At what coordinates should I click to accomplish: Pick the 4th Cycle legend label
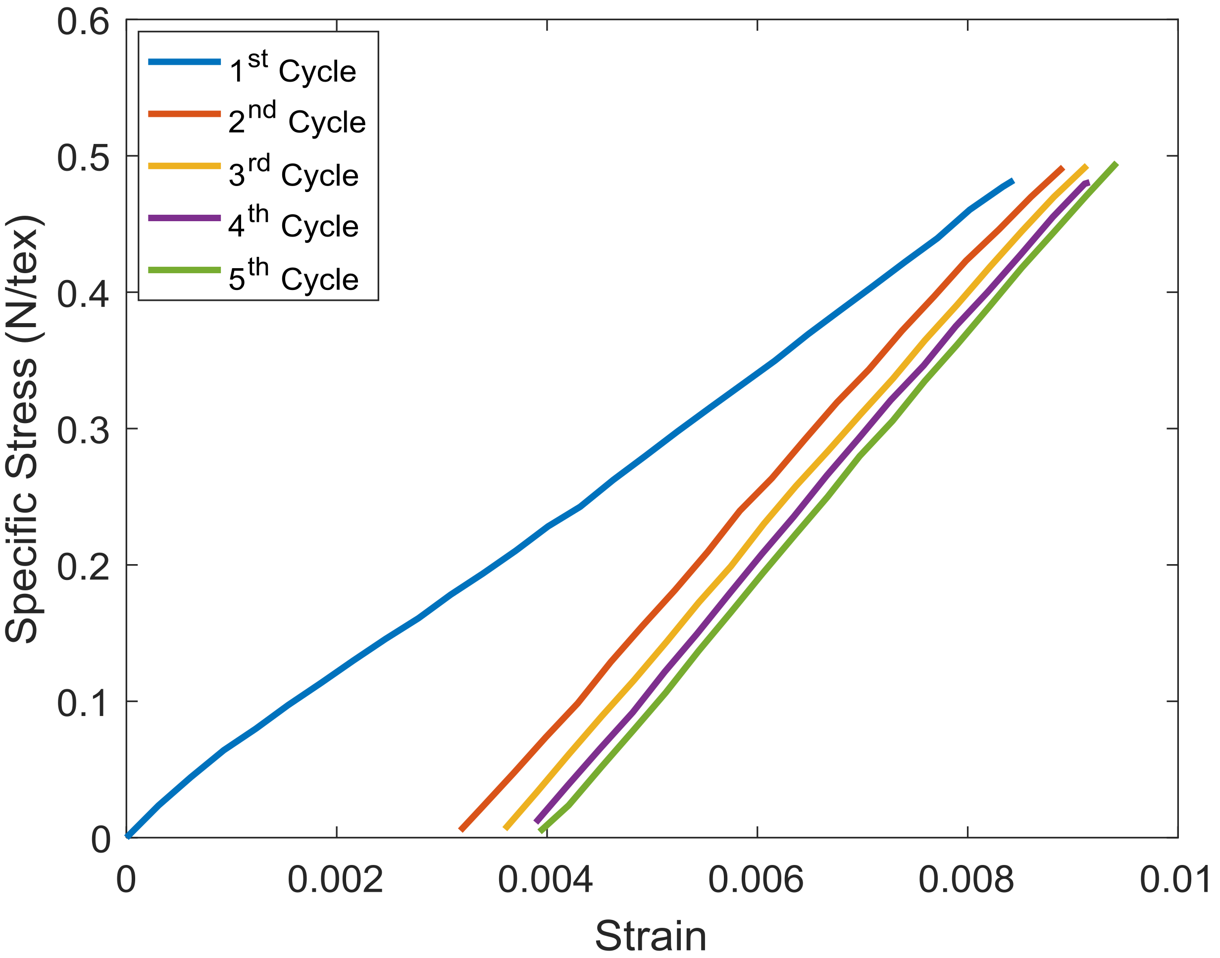point(293,224)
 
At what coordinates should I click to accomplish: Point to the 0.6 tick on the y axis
point(83,24)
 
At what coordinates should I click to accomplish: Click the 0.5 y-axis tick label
point(83,158)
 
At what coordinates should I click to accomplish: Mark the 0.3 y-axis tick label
point(83,431)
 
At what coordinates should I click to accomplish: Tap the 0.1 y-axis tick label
point(83,703)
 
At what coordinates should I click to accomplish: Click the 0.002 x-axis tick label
point(335,879)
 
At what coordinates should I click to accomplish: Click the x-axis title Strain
point(651,936)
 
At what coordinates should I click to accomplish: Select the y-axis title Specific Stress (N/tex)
point(22,429)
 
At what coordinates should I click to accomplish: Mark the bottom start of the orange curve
point(461,829)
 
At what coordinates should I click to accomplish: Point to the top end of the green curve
point(1116,164)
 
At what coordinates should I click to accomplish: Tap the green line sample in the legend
point(184,270)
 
